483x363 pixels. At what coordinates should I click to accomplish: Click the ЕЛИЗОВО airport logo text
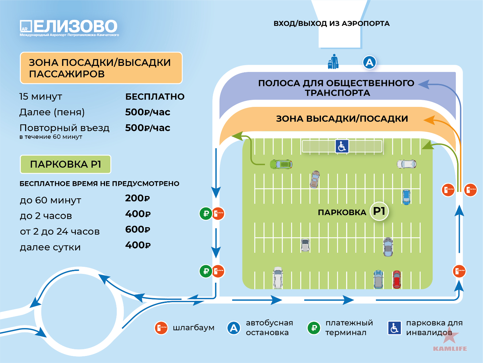75,26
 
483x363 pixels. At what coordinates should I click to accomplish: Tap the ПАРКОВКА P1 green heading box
65,164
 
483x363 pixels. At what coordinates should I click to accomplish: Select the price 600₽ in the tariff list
138,230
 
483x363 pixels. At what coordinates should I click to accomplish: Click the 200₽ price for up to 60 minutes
138,198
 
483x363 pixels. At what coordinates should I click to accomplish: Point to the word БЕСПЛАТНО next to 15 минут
155,96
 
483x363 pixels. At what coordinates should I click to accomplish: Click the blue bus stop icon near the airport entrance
369,63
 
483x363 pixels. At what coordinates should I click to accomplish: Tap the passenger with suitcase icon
333,62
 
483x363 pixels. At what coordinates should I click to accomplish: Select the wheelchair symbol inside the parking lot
342,146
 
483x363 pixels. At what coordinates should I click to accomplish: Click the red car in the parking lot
397,279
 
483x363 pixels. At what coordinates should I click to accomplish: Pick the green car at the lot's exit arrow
281,164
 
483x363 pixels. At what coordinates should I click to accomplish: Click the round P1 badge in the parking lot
379,211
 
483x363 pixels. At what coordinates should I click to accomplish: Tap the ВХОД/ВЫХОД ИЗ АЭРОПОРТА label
332,24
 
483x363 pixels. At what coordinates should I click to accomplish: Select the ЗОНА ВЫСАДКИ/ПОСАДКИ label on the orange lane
342,119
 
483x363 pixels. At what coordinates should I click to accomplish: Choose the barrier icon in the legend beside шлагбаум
161,328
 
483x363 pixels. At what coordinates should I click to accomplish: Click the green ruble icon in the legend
314,328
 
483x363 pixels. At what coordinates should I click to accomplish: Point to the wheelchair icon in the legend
394,328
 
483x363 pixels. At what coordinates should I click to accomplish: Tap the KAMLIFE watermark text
450,349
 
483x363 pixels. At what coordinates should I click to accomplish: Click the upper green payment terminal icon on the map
206,213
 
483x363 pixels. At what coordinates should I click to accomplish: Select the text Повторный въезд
64,128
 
